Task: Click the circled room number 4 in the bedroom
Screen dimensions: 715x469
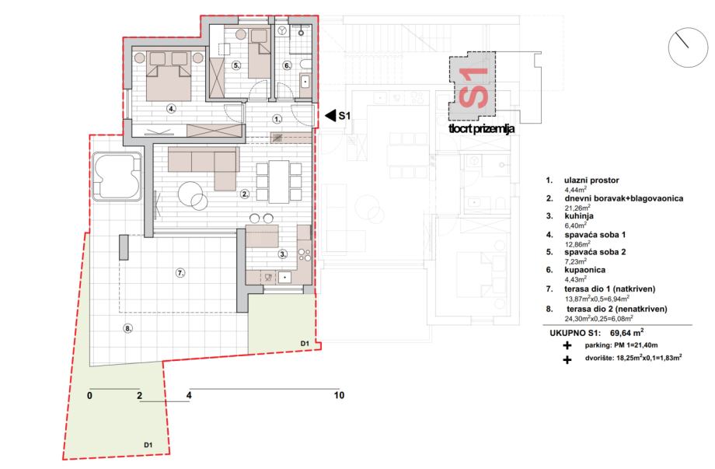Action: (x=171, y=109)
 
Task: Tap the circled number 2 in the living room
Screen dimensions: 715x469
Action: (x=245, y=194)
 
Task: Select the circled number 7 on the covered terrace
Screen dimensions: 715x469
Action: (x=180, y=273)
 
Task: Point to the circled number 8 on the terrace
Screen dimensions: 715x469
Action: (x=128, y=327)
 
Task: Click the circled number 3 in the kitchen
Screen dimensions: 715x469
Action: (x=283, y=254)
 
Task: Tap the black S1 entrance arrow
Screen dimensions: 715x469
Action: (x=330, y=115)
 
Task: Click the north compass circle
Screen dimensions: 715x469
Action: (x=688, y=47)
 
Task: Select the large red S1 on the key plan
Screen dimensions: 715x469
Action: (x=473, y=88)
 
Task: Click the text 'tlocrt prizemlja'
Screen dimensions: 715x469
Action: (x=482, y=128)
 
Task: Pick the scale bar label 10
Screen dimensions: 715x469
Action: (x=339, y=396)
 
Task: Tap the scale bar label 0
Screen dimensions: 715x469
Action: (x=89, y=396)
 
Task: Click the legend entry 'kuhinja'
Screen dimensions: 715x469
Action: (x=579, y=215)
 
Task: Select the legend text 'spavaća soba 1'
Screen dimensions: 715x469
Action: (x=595, y=235)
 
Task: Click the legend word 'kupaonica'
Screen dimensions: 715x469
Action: (x=584, y=270)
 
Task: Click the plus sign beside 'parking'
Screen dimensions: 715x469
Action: (x=567, y=345)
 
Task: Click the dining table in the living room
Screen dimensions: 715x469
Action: (x=278, y=181)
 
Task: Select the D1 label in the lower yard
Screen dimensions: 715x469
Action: (x=148, y=445)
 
